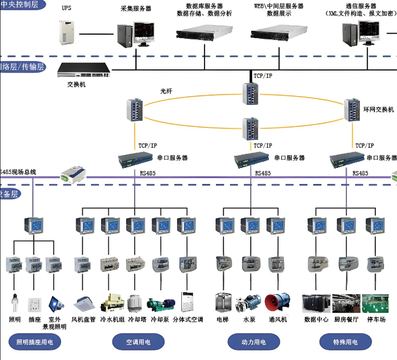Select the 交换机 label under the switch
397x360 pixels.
[x=77, y=85]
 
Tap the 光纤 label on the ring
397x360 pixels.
[x=166, y=90]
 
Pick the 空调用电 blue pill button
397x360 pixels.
[x=138, y=342]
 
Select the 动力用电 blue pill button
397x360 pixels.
[x=253, y=342]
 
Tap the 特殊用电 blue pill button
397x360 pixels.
[x=345, y=342]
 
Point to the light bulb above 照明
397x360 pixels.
[x=14, y=304]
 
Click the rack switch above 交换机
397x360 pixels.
[x=83, y=70]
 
